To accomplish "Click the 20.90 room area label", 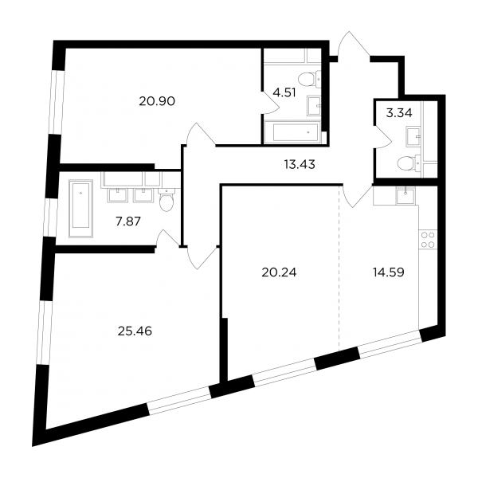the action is point(157,101).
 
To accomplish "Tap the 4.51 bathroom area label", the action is point(284,92).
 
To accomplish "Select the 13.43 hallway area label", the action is point(300,165).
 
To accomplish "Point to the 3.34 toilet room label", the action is point(399,113).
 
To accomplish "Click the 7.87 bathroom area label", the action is point(128,221).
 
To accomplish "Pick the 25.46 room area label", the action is point(135,331).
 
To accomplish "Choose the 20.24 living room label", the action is point(279,272).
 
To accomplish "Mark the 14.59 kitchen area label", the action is point(389,272).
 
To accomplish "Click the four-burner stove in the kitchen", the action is point(428,240).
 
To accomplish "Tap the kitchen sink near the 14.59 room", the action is point(406,195).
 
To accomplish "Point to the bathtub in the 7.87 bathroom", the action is point(80,208).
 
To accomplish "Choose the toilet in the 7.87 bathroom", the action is point(167,199).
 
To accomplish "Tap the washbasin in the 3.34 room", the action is point(413,137).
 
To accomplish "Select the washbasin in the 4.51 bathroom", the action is point(314,106).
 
